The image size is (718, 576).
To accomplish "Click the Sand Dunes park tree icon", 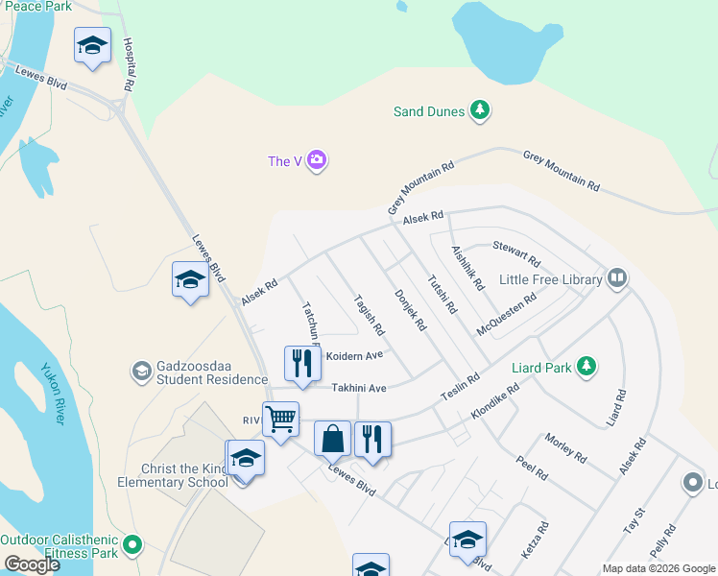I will click(480, 111).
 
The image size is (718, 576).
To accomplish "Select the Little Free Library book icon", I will click(616, 279).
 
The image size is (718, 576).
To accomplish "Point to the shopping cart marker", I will click(280, 419).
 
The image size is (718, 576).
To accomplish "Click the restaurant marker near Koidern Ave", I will click(302, 363).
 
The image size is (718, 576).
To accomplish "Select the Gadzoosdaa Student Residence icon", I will click(141, 371).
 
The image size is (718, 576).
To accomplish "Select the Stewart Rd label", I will click(516, 253).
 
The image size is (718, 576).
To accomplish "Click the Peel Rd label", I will click(531, 468).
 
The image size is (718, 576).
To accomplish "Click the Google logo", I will click(32, 564).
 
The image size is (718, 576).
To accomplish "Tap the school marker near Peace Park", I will click(93, 45).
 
